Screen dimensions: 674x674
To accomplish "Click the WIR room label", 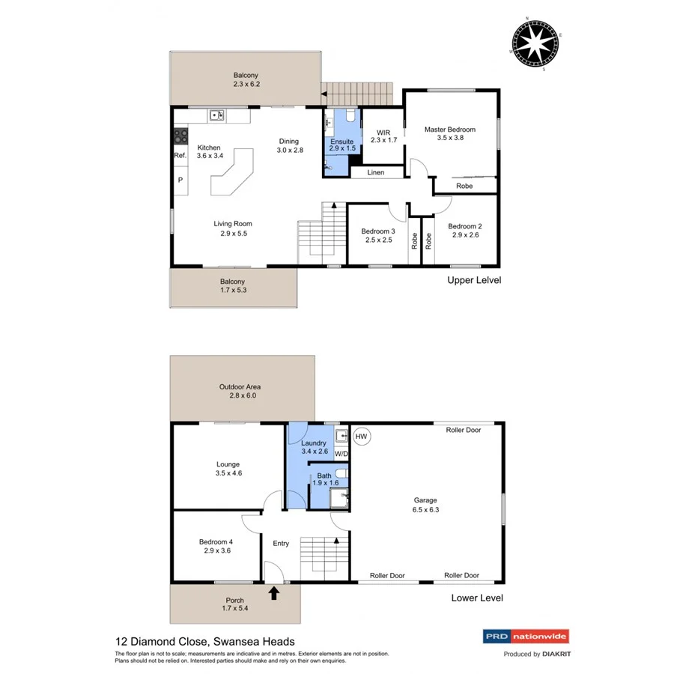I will pos(383,132).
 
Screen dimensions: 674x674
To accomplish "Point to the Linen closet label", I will pos(376,173).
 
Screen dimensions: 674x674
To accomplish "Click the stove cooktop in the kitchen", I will pos(180,136).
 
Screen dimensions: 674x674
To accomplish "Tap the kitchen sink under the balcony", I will pos(217,115).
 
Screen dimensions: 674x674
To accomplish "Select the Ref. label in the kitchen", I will pos(180,156).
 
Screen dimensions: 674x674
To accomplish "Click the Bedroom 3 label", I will pos(377,231).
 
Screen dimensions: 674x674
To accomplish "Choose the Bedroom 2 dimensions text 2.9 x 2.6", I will pos(464,235).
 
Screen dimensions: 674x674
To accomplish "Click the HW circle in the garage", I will pos(361,436).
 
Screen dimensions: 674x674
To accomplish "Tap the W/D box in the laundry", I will pos(341,454).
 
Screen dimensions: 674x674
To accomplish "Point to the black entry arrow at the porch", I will pos(274,593).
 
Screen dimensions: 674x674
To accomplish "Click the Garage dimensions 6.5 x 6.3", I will pos(425,510).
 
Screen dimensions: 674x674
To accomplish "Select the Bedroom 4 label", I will pos(216,542).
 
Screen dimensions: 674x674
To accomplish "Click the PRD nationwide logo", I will pos(523,637).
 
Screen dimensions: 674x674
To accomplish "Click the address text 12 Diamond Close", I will pos(162,641).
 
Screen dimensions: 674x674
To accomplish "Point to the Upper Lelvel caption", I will pos(474,280).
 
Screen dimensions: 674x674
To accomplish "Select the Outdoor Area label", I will pos(240,386).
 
